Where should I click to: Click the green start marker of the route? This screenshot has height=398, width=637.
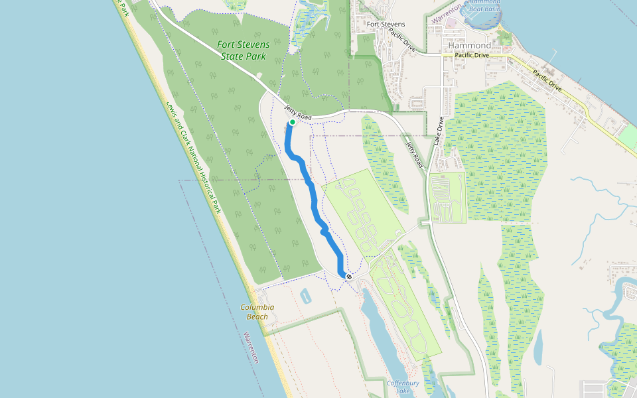292,122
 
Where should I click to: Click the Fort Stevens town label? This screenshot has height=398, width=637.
386,25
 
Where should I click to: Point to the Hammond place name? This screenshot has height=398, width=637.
474,46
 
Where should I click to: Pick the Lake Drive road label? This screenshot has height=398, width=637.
439,131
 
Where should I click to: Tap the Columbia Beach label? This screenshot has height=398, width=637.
257,312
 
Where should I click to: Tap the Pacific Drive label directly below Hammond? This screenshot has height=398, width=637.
472,56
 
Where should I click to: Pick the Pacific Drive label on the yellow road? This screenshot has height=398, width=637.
545,79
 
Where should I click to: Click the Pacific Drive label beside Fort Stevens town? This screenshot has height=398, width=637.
402,40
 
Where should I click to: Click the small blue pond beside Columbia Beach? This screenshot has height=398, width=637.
305,296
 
